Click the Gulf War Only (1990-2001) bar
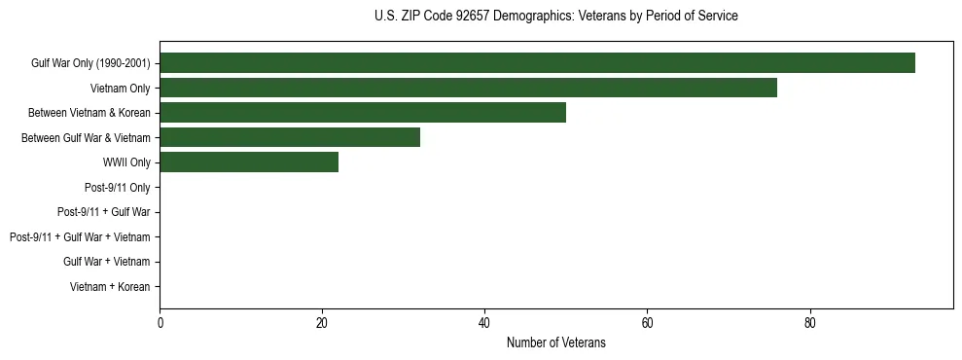537,63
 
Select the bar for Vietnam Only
468,89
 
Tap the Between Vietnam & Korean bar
363,113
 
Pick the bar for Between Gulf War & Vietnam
290,138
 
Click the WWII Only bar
249,162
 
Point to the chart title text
555,17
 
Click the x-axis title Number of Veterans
555,342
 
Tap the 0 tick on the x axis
160,322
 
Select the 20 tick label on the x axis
322,322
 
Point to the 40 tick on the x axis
484,322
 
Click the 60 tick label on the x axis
647,322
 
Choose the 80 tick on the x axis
809,322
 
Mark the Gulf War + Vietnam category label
107,262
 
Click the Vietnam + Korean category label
110,287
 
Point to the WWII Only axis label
126,162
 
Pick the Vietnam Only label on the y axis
121,89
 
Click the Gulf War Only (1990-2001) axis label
90,63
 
